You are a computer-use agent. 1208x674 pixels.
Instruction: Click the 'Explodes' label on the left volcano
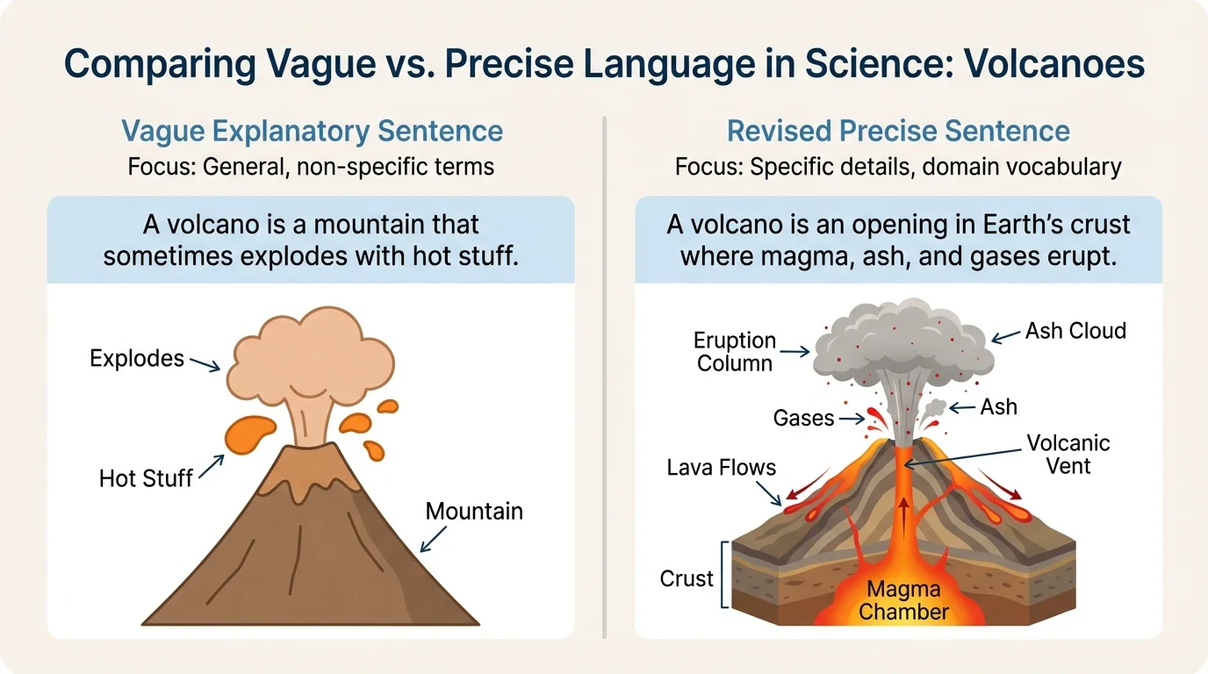pyautogui.click(x=137, y=358)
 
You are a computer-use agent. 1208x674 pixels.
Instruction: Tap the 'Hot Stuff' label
pyautogui.click(x=146, y=478)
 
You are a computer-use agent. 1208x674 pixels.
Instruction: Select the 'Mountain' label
pyautogui.click(x=474, y=511)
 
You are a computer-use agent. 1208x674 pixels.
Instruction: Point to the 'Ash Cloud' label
pyautogui.click(x=1075, y=331)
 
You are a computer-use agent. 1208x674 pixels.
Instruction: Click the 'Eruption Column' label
pyautogui.click(x=735, y=351)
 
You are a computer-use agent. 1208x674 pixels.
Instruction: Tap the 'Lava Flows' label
pyautogui.click(x=722, y=468)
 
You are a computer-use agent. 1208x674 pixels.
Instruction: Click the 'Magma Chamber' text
pyautogui.click(x=903, y=599)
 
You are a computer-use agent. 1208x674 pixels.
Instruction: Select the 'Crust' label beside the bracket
pyautogui.click(x=687, y=579)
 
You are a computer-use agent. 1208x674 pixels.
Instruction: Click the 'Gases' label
pyautogui.click(x=803, y=418)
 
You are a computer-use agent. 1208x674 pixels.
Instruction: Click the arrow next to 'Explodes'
pyautogui.click(x=205, y=364)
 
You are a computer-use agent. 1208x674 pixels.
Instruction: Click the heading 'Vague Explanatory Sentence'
pyautogui.click(x=312, y=132)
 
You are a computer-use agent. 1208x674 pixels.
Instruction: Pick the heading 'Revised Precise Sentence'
pyautogui.click(x=898, y=132)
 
